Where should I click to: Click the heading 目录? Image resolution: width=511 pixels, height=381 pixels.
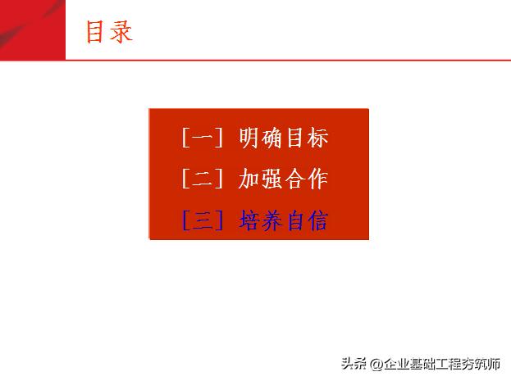(108, 31)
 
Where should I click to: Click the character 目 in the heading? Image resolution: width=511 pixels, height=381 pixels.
(96, 31)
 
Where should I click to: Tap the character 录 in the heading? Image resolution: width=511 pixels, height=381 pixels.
(121, 31)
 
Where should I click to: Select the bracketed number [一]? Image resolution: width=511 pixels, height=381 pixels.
(202, 138)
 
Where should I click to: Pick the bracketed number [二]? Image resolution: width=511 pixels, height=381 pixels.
(202, 179)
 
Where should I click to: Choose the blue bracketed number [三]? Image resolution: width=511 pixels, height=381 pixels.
(202, 220)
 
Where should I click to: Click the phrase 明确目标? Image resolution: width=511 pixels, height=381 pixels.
(283, 138)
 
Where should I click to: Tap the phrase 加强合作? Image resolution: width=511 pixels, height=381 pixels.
(283, 179)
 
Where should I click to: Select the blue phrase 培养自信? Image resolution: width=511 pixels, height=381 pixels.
(283, 220)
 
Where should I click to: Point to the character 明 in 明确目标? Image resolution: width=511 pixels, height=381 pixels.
(249, 138)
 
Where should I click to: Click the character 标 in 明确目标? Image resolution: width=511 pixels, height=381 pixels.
(317, 138)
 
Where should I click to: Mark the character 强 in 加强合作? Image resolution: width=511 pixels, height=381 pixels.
(272, 179)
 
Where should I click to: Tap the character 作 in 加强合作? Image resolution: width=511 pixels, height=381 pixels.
(317, 179)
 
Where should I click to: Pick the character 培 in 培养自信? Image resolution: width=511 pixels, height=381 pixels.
(249, 220)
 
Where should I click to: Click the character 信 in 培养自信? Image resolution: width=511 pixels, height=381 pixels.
(317, 220)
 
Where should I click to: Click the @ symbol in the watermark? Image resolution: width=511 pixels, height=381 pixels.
(374, 365)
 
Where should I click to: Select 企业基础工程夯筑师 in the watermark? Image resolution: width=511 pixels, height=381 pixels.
(441, 365)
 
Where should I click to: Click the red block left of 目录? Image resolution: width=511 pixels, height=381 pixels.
(32, 29)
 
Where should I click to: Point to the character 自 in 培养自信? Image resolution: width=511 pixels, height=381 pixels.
(294, 220)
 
